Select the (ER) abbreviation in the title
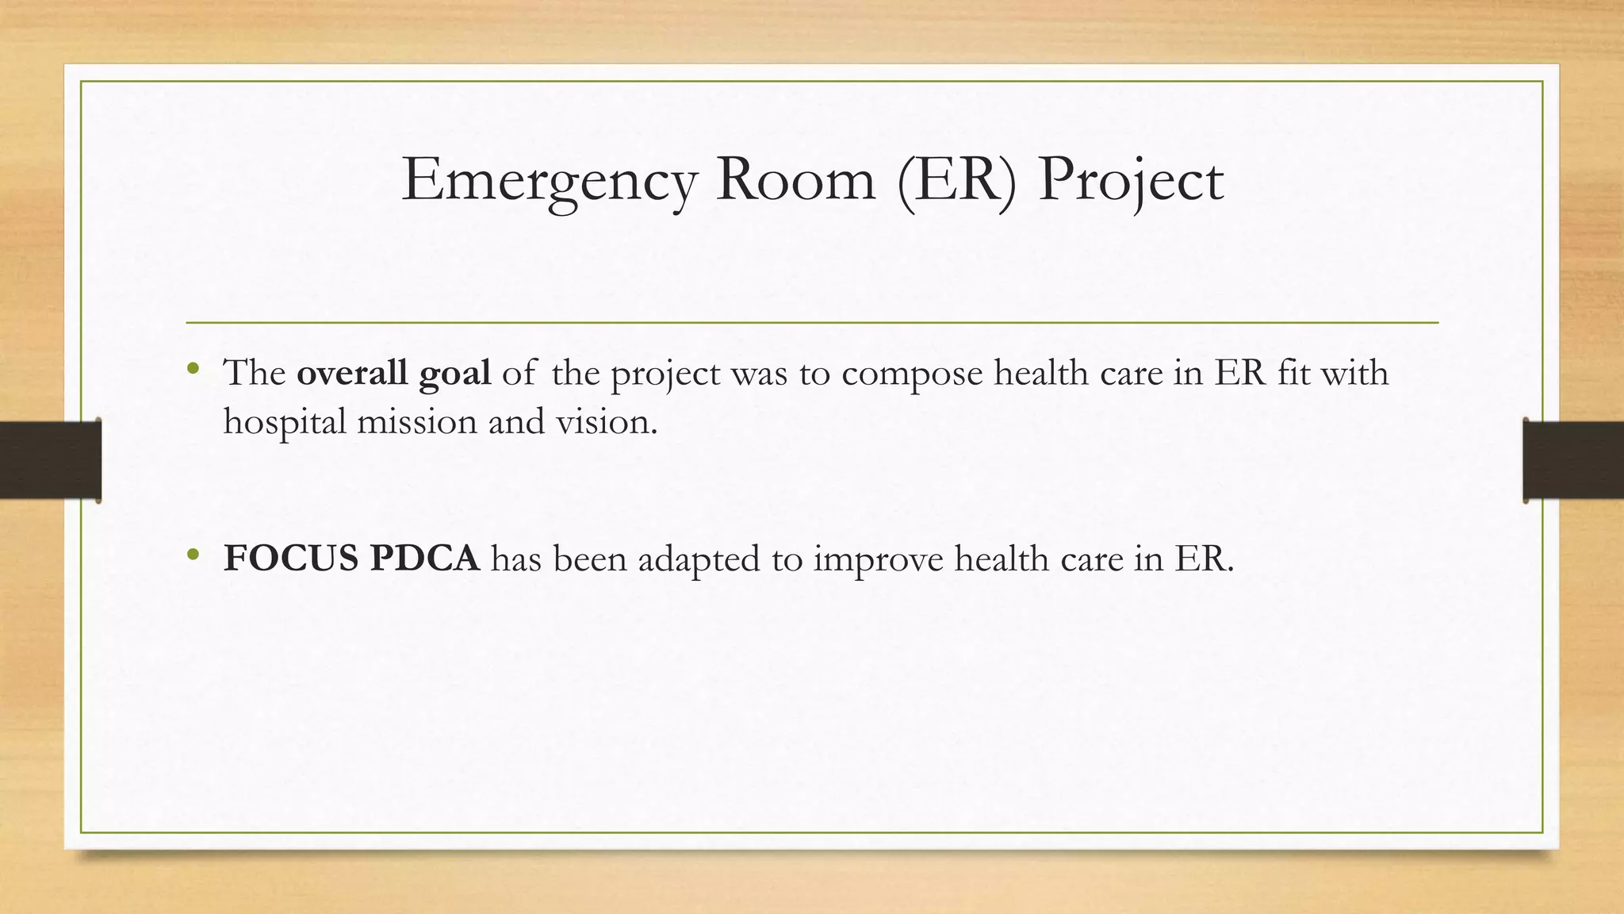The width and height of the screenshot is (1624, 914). [x=957, y=182]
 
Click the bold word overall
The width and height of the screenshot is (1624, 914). [x=352, y=373]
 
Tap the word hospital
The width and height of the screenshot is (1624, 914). [x=285, y=422]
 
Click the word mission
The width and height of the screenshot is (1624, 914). [x=417, y=421]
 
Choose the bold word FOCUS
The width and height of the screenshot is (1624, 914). [x=291, y=559]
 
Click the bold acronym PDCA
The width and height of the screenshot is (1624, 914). [x=424, y=559]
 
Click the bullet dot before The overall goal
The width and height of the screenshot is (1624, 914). [x=193, y=370]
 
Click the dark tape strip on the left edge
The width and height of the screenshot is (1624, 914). [x=50, y=460]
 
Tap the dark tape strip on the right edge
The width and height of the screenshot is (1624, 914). [x=1573, y=460]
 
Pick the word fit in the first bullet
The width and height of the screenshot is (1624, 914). [x=1293, y=373]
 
